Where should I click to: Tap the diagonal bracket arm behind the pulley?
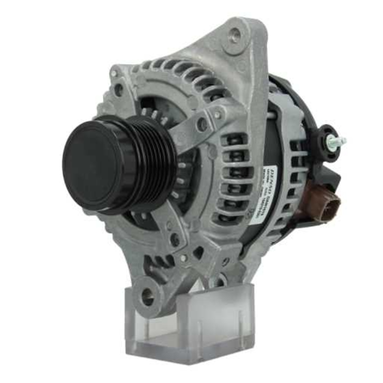click(191, 126)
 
